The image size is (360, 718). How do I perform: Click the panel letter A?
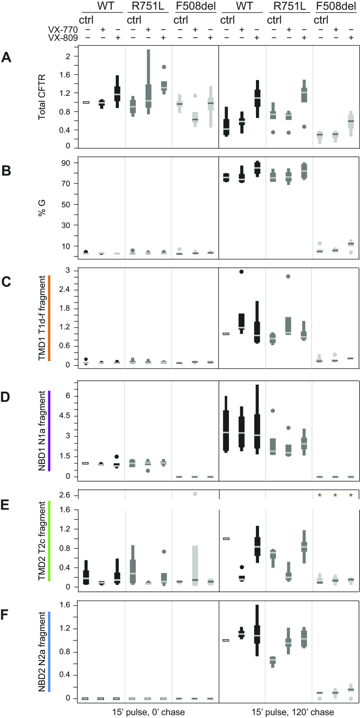pyautogui.click(x=6, y=57)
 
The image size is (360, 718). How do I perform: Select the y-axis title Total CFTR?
pyautogui.click(x=42, y=96)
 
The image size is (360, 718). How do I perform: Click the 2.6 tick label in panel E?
pyautogui.click(x=63, y=494)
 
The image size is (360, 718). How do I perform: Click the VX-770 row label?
pyautogui.click(x=63, y=30)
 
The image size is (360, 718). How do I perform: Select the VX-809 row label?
pyautogui.click(x=63, y=38)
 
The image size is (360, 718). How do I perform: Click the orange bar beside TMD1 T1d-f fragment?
pyautogui.click(x=50, y=318)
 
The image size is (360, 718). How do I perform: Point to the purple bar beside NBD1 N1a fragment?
pyautogui.click(x=50, y=431)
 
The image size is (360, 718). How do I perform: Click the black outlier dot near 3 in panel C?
pyautogui.click(x=242, y=272)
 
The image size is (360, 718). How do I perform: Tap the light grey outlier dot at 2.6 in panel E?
pyautogui.click(x=195, y=493)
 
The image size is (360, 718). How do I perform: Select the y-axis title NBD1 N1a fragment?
pyautogui.click(x=42, y=431)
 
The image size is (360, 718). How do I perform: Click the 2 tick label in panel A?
pyautogui.click(x=67, y=56)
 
